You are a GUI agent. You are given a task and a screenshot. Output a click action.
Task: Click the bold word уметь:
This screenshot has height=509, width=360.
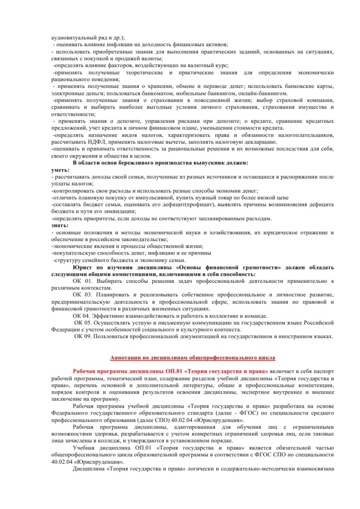pos(61,170)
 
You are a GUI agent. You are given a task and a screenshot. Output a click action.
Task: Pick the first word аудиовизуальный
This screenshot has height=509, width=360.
pos(74,38)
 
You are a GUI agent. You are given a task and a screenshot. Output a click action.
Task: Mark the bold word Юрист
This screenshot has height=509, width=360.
pos(82,267)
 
